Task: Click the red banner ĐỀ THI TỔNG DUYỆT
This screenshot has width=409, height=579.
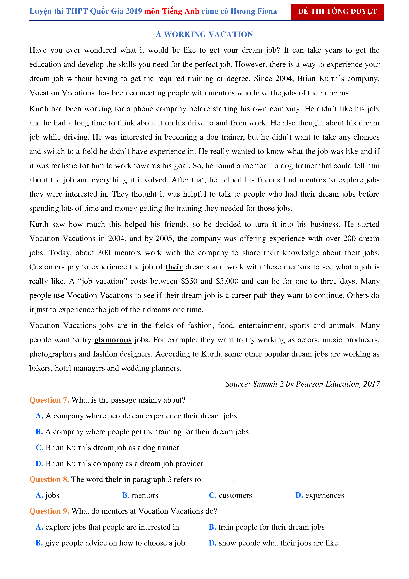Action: tap(337, 12)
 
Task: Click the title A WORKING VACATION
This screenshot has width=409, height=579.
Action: tap(204, 34)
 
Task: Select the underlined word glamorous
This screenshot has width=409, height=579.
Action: tap(113, 340)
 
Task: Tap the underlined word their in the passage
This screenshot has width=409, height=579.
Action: tap(174, 267)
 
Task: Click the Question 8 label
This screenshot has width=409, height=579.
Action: tap(49, 479)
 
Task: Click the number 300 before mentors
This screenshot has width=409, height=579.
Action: tap(104, 253)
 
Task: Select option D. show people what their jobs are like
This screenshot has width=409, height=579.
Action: tap(273, 543)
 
